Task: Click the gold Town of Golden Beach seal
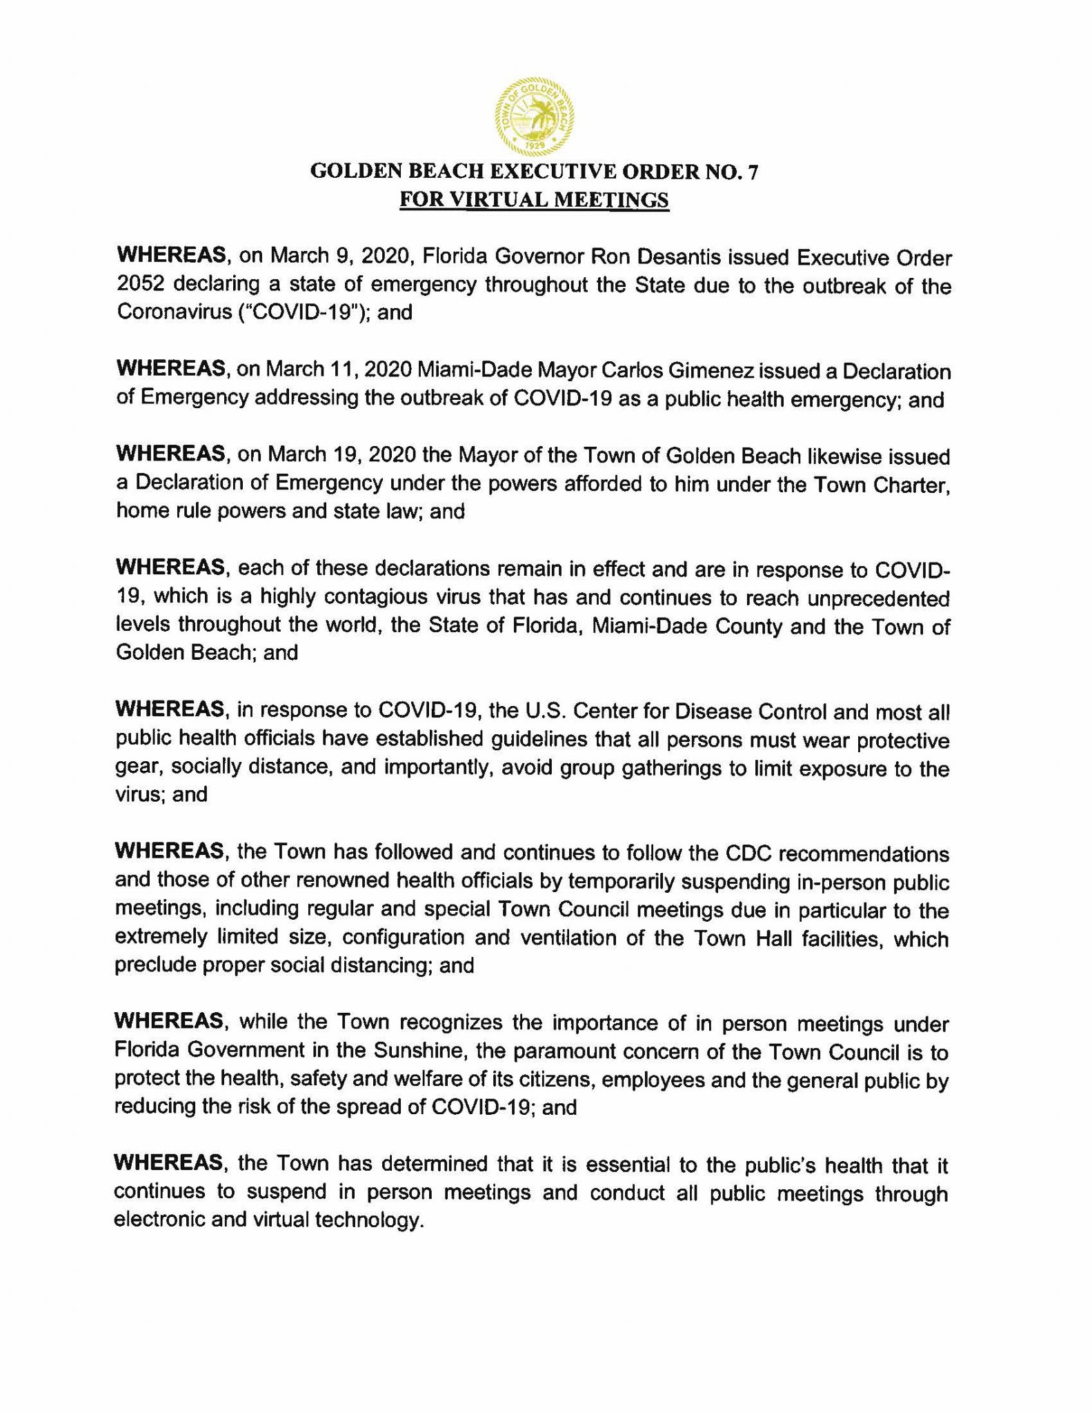click(535, 114)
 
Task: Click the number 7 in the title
click(753, 172)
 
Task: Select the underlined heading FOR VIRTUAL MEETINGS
click(535, 200)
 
